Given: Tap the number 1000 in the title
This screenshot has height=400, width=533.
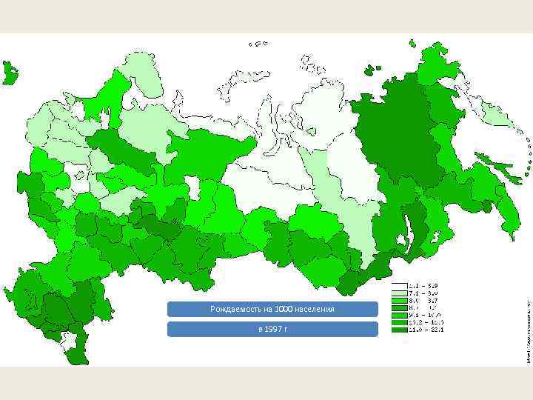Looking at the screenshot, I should (x=284, y=308).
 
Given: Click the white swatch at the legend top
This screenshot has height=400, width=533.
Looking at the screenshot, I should (x=398, y=285).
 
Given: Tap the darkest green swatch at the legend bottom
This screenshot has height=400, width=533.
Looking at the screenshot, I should (x=398, y=330).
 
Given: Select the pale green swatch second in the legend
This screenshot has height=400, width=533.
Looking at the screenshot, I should (x=398, y=293).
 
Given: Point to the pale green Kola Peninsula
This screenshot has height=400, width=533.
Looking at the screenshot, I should (x=144, y=74).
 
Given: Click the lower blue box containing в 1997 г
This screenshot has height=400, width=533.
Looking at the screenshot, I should (x=272, y=328).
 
